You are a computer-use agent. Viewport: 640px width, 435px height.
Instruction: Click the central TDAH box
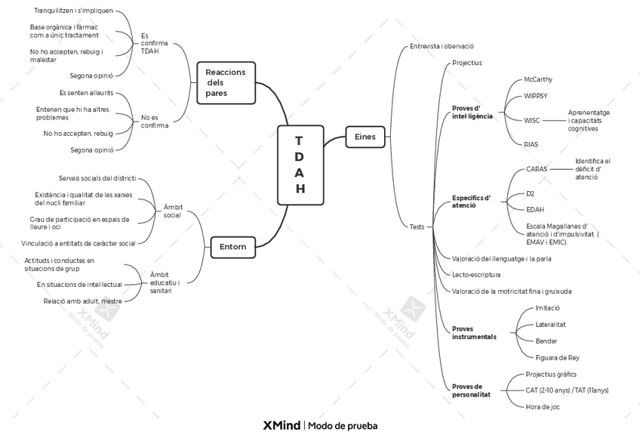click(300, 165)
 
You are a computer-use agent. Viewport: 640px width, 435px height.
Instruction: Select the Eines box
click(365, 137)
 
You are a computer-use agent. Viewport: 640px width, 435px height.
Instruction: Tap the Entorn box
click(233, 247)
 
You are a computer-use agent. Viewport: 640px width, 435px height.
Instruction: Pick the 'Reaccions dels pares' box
click(226, 83)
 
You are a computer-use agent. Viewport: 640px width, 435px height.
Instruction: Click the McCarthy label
click(538, 79)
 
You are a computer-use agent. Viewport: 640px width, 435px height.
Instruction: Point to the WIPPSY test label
click(536, 96)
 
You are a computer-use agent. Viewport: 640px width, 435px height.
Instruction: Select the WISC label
click(532, 121)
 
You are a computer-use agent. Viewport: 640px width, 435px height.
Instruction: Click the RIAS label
click(531, 144)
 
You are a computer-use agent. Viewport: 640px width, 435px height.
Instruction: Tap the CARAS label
click(537, 169)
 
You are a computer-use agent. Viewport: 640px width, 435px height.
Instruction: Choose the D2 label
click(531, 193)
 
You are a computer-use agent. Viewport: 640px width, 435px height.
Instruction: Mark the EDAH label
click(535, 210)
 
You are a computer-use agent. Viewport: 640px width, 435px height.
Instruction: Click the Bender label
click(546, 341)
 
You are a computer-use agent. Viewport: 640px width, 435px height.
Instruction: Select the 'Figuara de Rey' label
click(557, 358)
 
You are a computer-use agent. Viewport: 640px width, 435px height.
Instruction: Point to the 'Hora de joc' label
click(543, 407)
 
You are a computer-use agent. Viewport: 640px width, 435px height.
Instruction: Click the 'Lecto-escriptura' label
click(476, 275)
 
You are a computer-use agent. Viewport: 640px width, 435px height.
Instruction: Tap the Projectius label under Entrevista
click(467, 63)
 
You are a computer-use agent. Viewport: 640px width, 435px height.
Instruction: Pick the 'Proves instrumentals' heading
click(474, 333)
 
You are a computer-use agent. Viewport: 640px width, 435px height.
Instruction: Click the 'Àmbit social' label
click(173, 211)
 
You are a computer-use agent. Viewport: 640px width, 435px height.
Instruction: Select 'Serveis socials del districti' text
click(97, 178)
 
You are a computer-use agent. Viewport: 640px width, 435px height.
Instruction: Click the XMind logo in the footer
click(282, 426)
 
